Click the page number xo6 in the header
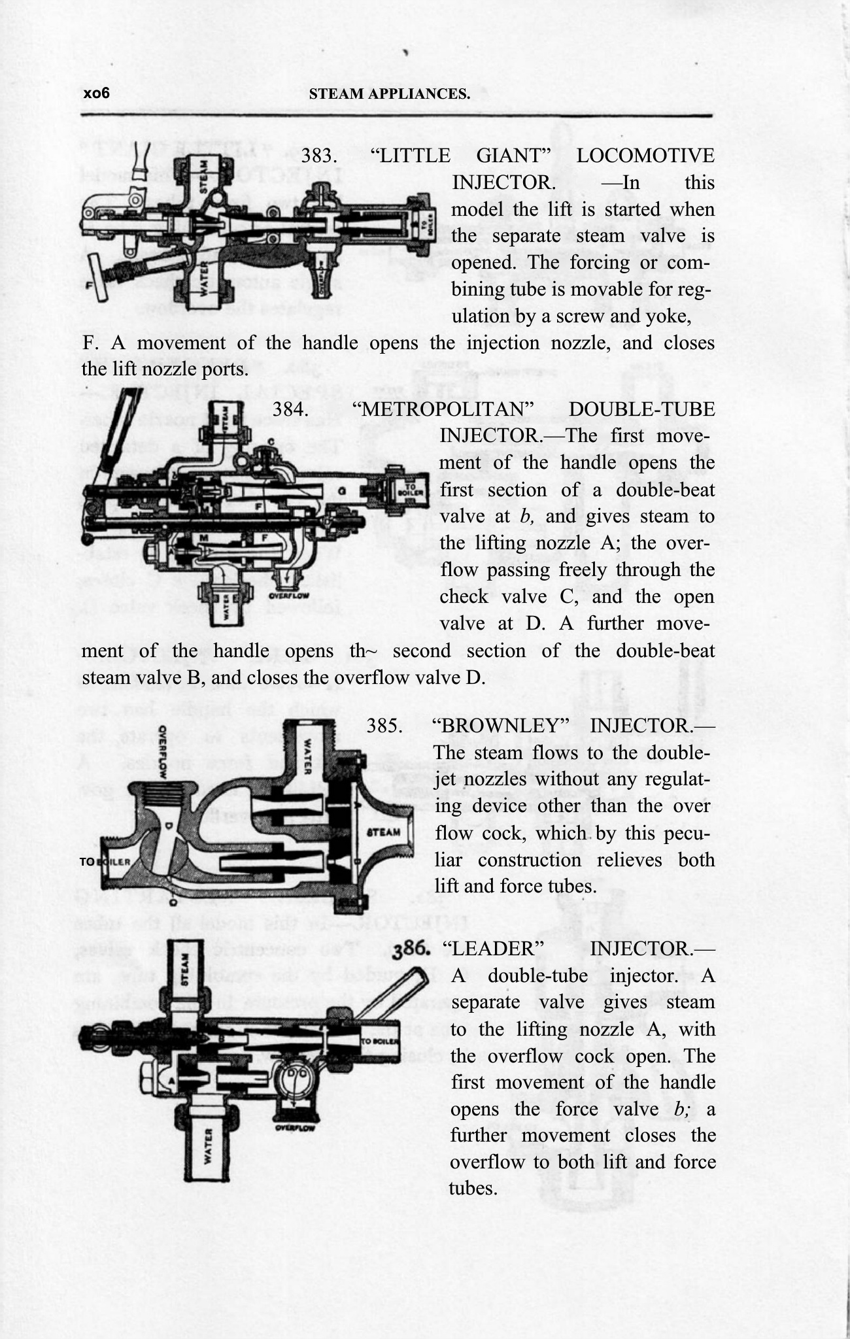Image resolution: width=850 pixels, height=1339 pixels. pos(96,93)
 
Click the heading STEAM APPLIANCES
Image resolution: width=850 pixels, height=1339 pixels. pos(389,93)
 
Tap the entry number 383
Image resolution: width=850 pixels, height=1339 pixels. pos(318,156)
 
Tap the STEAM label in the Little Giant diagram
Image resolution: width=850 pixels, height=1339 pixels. pos(203,177)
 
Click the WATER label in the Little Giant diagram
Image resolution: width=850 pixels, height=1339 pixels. pos(205,284)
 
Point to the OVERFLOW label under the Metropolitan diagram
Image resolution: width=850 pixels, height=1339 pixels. pos(288,596)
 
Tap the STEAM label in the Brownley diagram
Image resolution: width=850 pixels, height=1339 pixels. pos(384,833)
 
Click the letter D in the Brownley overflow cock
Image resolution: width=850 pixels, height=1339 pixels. pos(169,825)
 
